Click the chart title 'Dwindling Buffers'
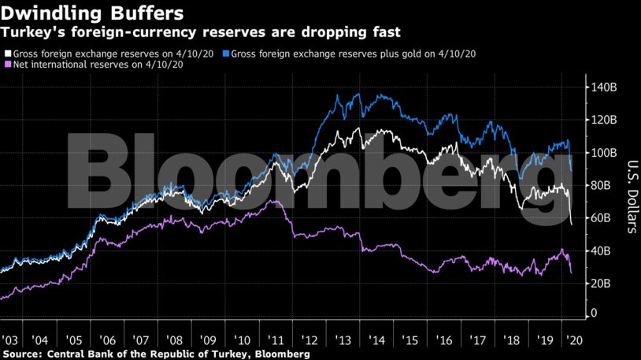[x=93, y=13]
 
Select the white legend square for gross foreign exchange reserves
[x=7, y=54]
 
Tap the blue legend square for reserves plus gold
[x=226, y=54]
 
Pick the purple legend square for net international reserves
[x=7, y=64]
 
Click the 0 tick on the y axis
[x=594, y=314]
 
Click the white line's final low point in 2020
[x=572, y=225]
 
